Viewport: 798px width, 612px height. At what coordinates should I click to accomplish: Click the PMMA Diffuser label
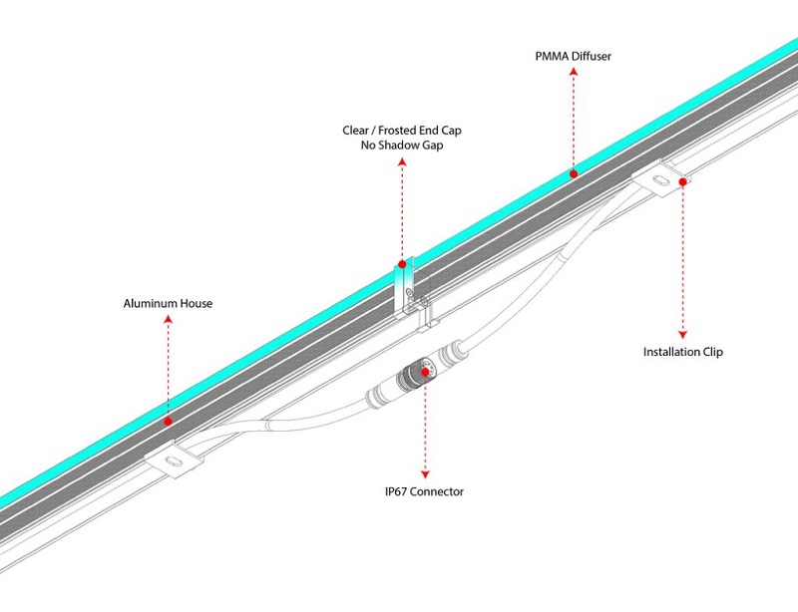pos(573,57)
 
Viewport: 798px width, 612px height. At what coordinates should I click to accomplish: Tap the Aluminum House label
pos(168,303)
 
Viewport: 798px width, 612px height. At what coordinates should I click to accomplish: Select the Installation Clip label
pos(683,352)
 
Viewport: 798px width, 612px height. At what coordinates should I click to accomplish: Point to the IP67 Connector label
pos(427,491)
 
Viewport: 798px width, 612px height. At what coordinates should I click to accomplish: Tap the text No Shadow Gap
pos(401,146)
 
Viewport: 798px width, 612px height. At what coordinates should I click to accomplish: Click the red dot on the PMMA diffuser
pos(573,173)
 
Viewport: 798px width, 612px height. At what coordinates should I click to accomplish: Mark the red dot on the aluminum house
pos(168,421)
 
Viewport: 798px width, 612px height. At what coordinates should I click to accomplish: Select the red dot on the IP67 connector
pos(427,372)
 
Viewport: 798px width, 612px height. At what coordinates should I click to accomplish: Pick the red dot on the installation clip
pos(683,181)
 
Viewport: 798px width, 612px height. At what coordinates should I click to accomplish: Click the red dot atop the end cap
pos(402,264)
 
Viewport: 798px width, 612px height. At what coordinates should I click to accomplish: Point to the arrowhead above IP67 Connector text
pos(427,472)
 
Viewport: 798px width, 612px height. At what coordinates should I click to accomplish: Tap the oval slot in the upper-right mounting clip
pos(659,179)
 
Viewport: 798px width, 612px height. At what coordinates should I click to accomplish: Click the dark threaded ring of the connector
pos(413,377)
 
